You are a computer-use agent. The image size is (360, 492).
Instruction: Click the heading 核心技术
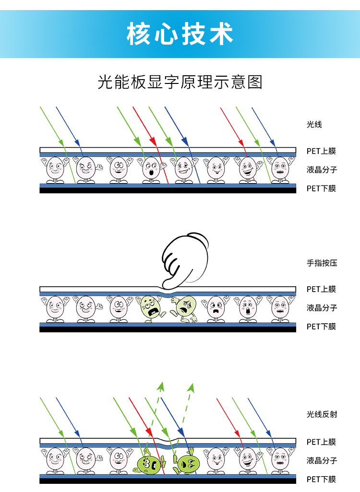tap(180, 34)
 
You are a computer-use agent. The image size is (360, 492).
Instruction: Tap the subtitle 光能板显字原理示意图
tap(180, 82)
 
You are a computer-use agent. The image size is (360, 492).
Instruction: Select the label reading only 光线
tap(314, 125)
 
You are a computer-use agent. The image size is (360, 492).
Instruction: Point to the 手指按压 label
tap(322, 263)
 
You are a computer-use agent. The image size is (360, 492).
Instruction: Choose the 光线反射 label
tap(322, 414)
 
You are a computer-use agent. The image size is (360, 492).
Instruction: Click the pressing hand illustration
tap(185, 260)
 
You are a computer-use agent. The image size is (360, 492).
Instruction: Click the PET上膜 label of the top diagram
tap(322, 151)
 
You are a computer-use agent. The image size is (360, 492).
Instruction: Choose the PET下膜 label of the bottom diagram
tap(322, 479)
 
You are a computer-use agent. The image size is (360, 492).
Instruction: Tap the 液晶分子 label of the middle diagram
tap(322, 308)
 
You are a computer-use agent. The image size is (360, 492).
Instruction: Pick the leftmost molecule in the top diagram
tap(55, 170)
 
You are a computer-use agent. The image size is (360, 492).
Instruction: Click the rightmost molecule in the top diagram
tap(280, 170)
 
